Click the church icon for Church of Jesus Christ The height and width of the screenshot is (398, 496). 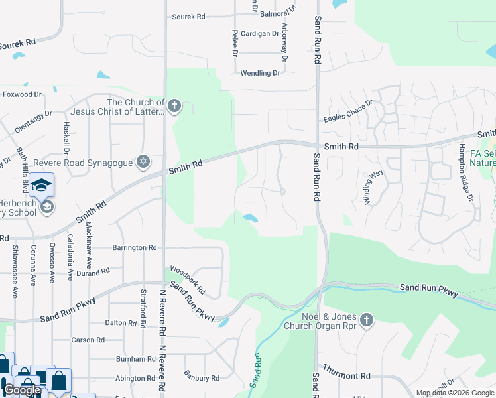tap(174, 107)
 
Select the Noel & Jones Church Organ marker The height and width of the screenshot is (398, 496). tap(367, 321)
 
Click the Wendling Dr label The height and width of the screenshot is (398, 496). tap(260, 73)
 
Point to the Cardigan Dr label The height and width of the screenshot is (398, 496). tap(259, 34)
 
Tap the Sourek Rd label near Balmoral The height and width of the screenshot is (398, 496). tap(190, 16)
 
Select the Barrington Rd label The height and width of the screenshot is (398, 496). tap(134, 247)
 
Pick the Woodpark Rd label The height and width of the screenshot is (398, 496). tap(188, 280)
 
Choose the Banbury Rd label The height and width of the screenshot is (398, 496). tap(202, 378)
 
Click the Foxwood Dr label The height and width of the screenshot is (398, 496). tap(22, 94)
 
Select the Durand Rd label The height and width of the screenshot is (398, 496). tap(92, 273)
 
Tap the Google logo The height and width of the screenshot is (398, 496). tap(22, 390)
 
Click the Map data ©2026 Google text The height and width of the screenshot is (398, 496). tap(454, 393)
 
